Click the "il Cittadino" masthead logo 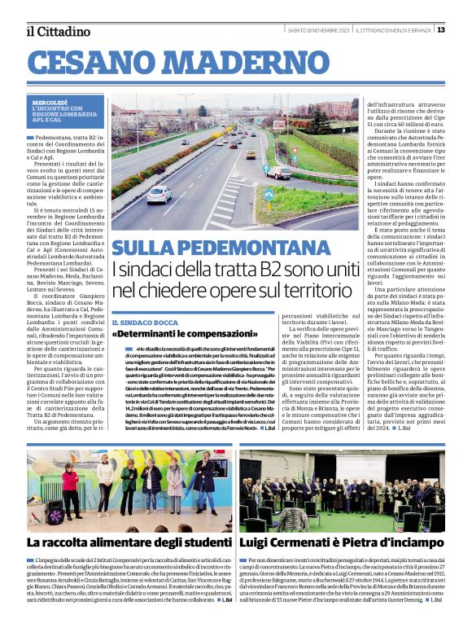click(59, 31)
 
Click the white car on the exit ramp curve click(278, 172)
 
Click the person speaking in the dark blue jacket click(205, 480)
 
